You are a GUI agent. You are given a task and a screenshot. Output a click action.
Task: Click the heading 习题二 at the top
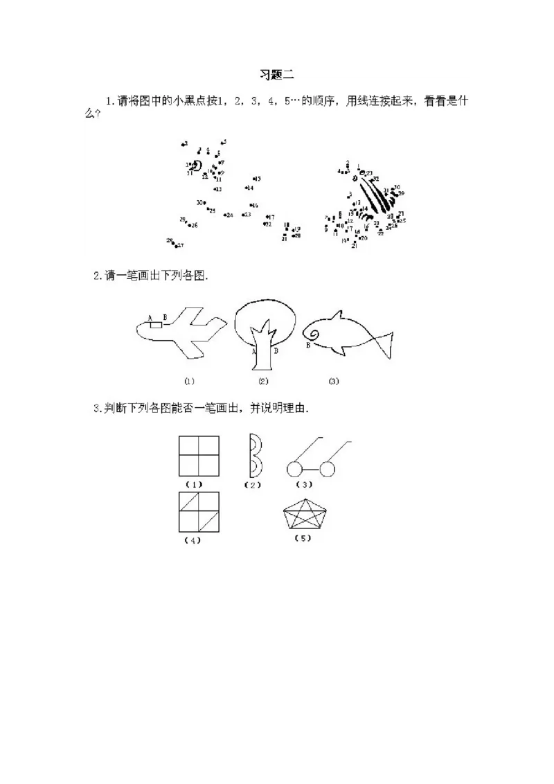(277, 75)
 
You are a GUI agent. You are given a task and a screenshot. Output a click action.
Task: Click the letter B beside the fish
(307, 344)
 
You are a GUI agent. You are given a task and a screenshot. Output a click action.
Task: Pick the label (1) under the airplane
(189, 381)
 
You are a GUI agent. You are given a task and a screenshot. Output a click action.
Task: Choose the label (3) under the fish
(334, 381)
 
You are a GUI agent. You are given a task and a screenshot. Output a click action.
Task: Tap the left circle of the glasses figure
(294, 470)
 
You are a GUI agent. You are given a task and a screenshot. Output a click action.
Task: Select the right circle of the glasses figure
(328, 470)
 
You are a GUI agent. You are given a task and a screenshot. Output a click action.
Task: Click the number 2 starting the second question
(96, 276)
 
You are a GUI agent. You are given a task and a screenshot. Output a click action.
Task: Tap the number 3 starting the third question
(96, 409)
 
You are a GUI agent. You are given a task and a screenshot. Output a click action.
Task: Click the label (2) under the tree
(263, 381)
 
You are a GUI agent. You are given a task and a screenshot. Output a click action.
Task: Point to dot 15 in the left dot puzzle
(255, 179)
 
